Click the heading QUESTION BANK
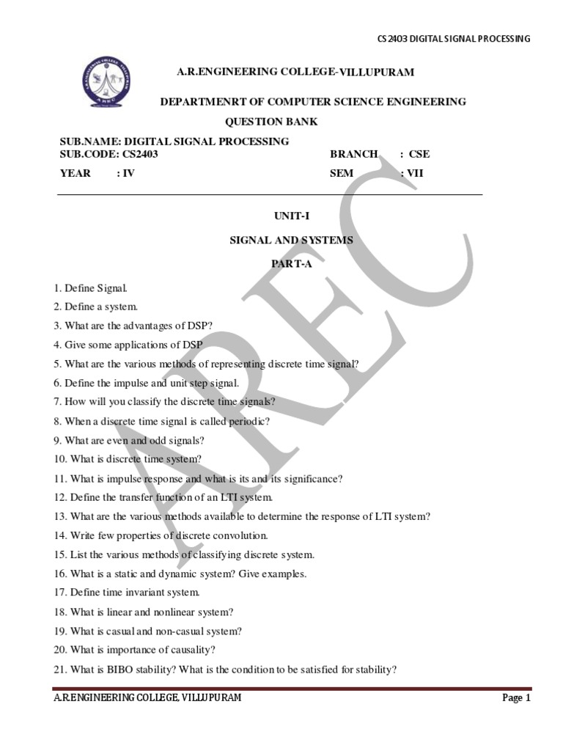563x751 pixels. pos(271,122)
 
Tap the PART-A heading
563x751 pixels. pos(292,264)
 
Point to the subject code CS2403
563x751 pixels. pos(140,154)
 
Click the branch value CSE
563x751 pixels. pos(419,154)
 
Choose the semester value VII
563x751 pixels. pos(416,173)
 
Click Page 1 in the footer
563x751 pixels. pos(516,698)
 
